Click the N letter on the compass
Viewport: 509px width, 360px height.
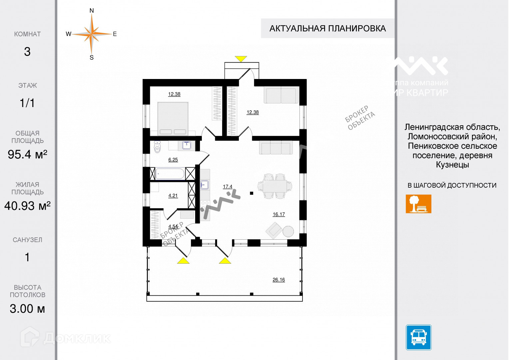point(92,11)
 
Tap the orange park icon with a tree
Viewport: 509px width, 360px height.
point(418,204)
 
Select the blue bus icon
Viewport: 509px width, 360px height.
point(418,337)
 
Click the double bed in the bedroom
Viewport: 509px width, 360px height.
point(173,118)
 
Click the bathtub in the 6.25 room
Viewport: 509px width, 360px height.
point(170,174)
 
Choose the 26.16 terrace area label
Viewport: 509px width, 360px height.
point(278,280)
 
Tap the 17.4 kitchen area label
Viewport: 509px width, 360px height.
point(228,187)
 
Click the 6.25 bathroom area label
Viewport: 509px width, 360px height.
point(173,160)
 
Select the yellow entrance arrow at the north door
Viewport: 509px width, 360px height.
point(241,59)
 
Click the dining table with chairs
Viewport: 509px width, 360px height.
point(274,186)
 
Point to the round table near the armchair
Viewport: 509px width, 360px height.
point(288,231)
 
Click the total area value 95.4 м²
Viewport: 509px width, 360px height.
point(27,154)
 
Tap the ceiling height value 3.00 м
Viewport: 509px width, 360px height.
point(27,309)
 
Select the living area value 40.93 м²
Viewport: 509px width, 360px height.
point(27,206)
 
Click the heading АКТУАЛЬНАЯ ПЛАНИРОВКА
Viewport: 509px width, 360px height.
point(327,28)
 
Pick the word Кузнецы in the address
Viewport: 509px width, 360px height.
point(452,165)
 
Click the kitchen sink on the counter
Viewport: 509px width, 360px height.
point(204,184)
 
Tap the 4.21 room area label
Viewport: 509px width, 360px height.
point(173,196)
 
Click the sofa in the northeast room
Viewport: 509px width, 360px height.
point(281,95)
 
